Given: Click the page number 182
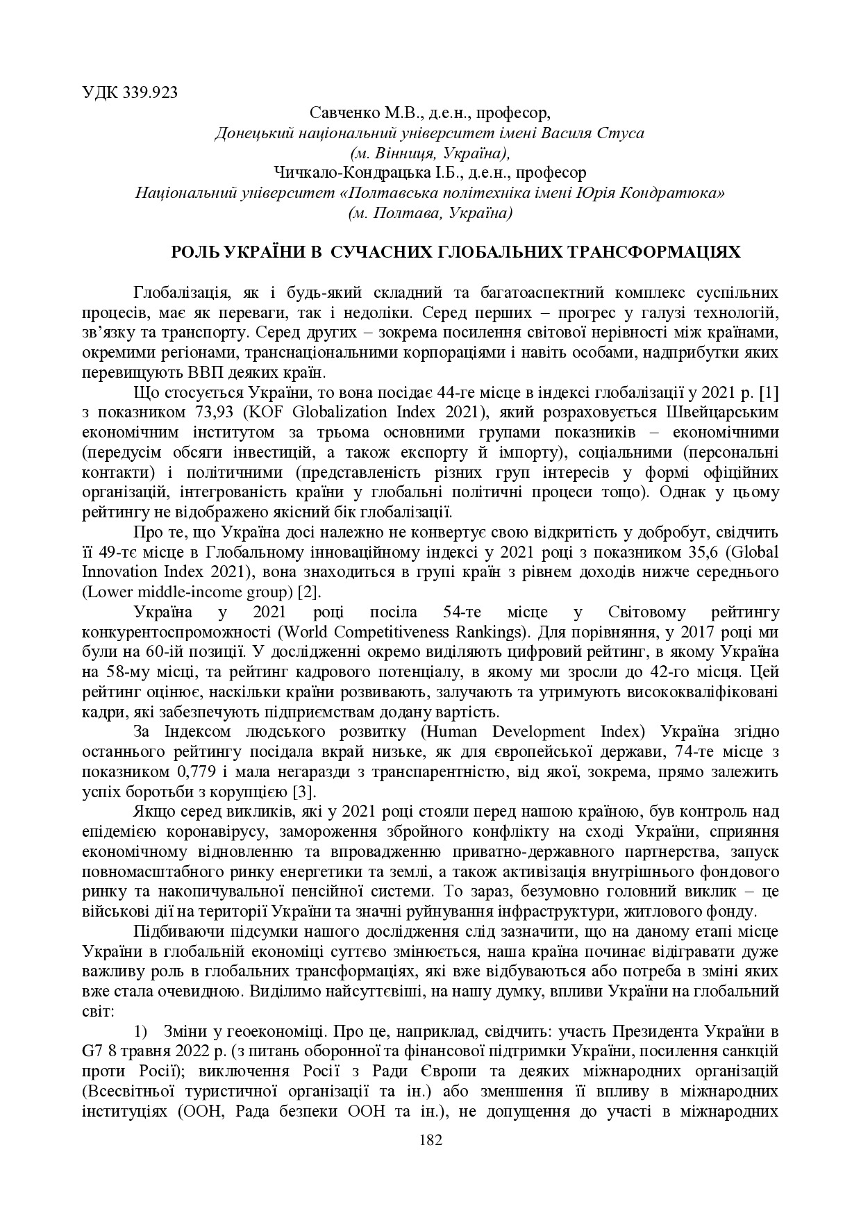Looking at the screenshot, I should tap(430, 1140).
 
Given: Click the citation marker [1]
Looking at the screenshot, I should tap(769, 392).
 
